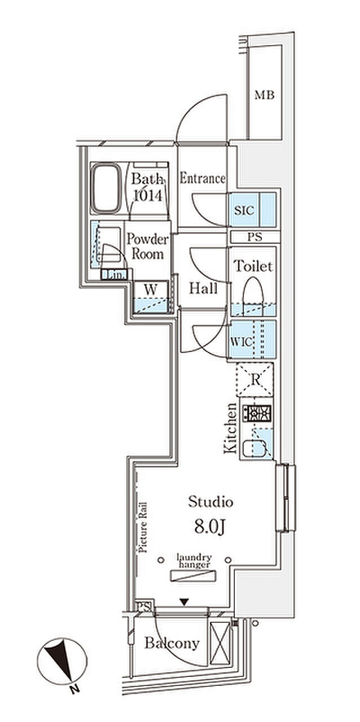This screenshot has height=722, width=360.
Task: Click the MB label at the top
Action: tap(264, 95)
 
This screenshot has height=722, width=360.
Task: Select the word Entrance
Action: tap(202, 179)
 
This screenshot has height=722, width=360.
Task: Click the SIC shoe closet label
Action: tap(244, 210)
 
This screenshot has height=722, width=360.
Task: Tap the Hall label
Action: tap(203, 289)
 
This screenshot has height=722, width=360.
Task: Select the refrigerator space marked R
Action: tap(255, 380)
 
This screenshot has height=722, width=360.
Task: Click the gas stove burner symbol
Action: tap(257, 414)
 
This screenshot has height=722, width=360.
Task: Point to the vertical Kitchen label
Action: tap(230, 429)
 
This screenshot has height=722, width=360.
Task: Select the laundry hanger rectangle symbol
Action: tap(194, 575)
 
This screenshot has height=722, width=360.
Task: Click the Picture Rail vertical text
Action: tap(144, 526)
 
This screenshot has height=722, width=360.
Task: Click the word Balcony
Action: tap(172, 643)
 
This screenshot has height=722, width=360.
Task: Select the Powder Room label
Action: tap(148, 246)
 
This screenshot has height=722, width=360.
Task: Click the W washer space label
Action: tap(150, 289)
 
